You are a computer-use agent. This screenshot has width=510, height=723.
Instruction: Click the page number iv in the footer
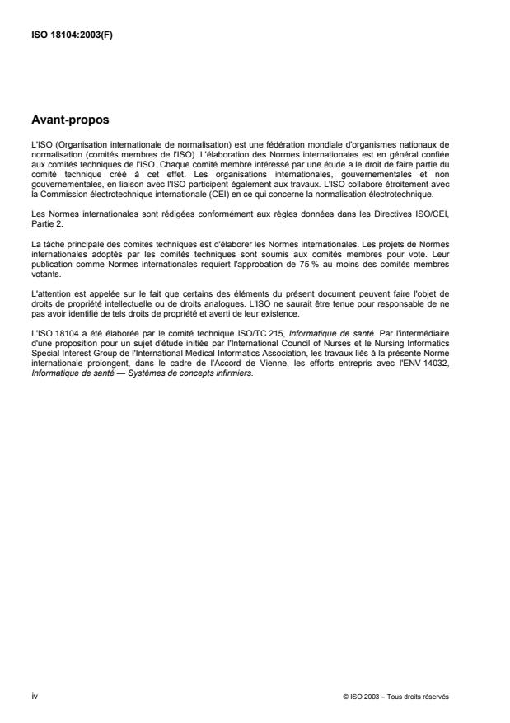click(x=32, y=697)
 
